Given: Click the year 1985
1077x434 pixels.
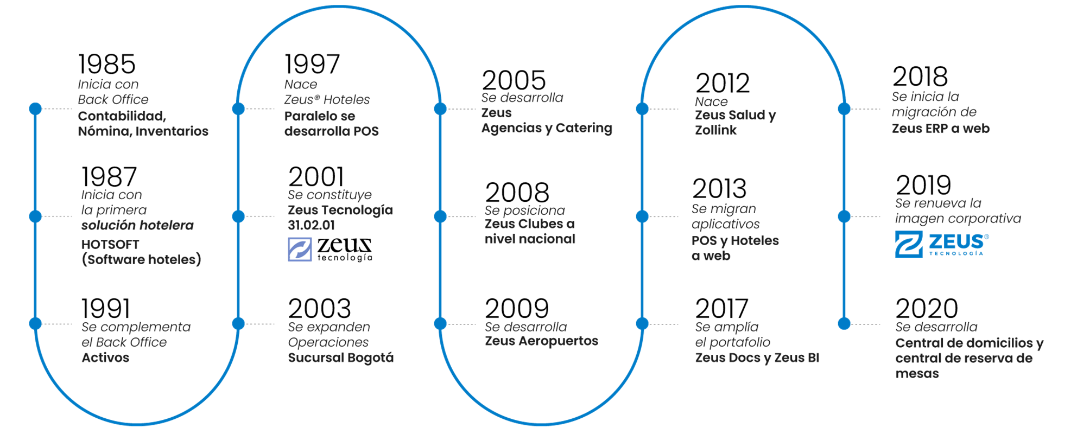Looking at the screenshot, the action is coord(106,65).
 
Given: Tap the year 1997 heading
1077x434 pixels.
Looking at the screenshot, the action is coord(312,65).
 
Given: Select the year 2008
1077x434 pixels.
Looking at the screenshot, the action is coord(517,193).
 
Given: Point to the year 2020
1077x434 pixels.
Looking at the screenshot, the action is coord(927,309).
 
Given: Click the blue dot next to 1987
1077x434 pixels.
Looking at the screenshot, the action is coord(35,216).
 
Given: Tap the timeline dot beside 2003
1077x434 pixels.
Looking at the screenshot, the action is coord(238,324).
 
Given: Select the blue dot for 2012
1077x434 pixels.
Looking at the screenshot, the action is coord(642,109).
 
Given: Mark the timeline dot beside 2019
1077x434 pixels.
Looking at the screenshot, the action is coord(844,216).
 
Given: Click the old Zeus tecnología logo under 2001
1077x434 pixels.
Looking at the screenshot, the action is coord(330,250).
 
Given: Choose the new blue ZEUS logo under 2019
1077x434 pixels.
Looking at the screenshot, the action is coord(942,244).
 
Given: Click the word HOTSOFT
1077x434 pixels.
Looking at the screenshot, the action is coord(110,245).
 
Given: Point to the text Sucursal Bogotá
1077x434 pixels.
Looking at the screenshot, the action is coord(341,358).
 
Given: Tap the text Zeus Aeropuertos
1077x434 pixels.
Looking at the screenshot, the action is coord(542,341).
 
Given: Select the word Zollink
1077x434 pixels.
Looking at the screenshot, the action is coord(716,130).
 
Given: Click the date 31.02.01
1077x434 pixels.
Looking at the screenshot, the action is coord(311,225).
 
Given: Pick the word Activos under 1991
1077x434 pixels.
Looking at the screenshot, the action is coord(105,358).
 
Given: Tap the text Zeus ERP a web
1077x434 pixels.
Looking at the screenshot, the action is coord(941,129).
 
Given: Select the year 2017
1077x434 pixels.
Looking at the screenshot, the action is coord(721,309).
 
